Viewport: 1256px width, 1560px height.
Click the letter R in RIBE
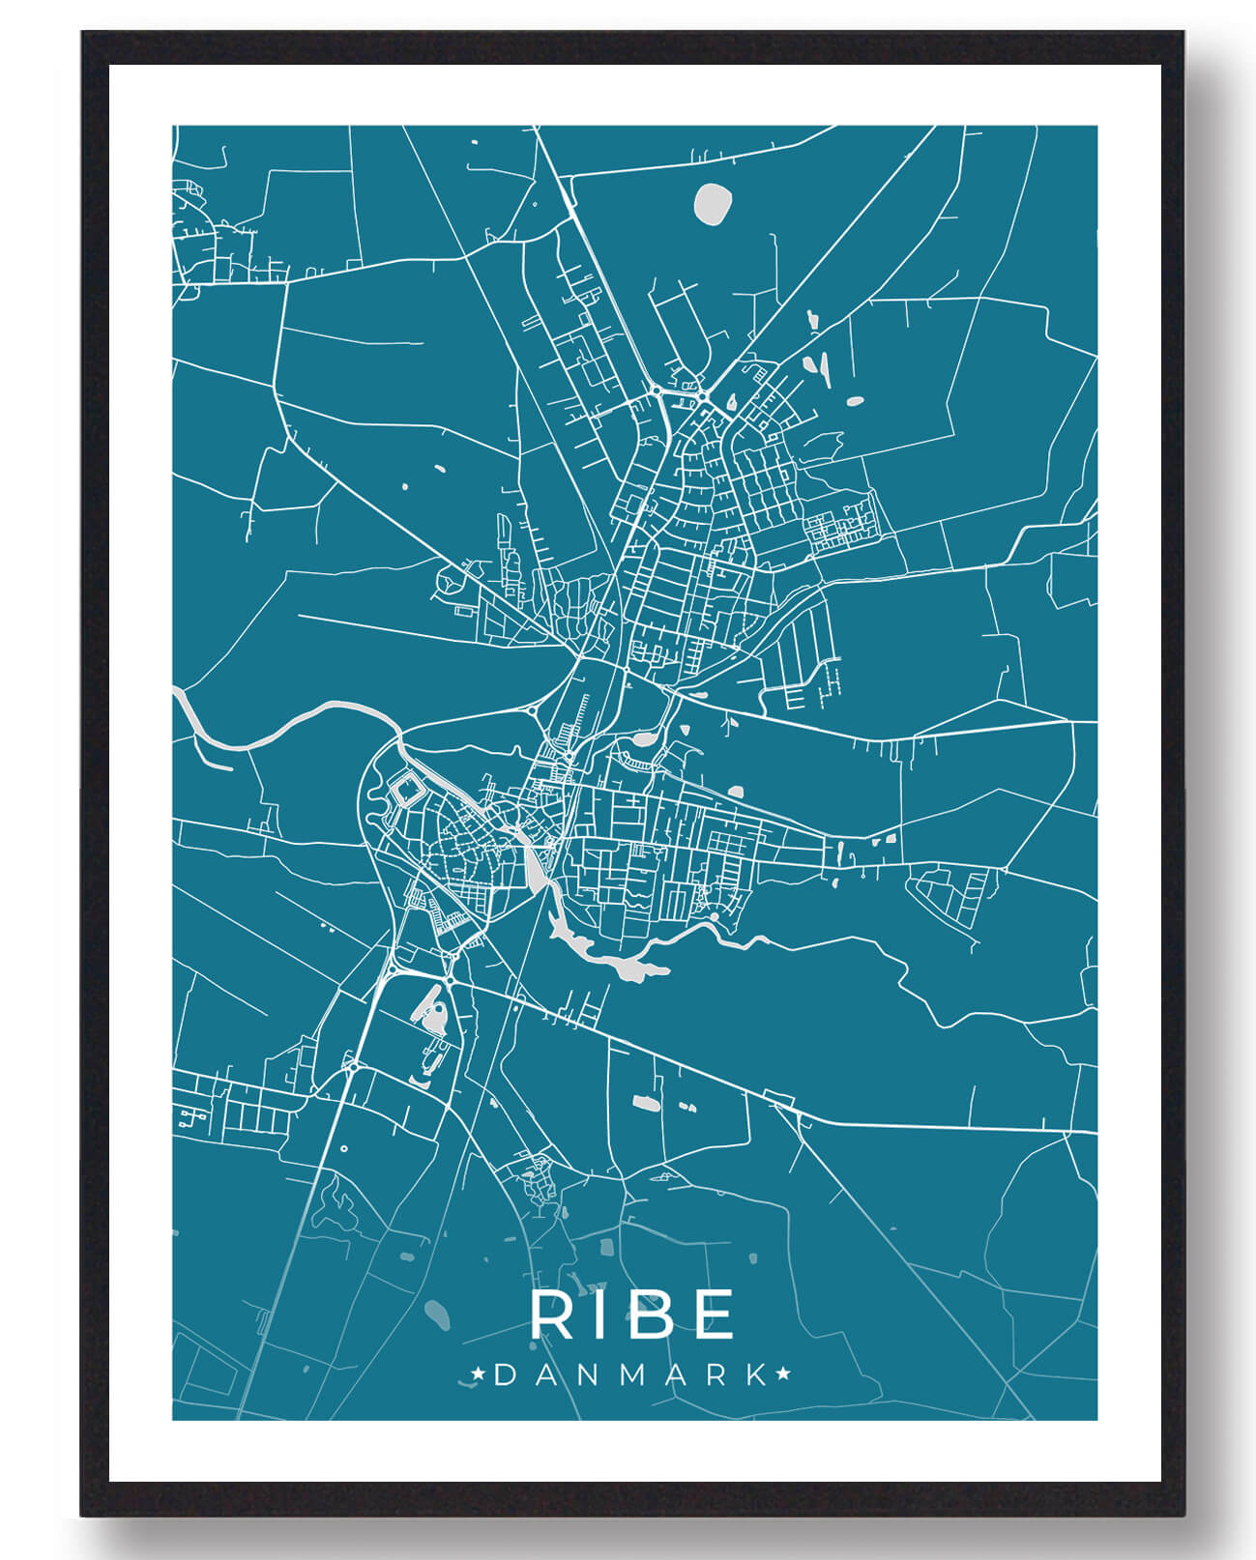click(552, 1314)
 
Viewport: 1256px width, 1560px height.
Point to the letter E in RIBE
click(711, 1314)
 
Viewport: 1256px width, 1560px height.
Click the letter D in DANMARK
click(504, 1374)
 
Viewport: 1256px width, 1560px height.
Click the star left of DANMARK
click(478, 1373)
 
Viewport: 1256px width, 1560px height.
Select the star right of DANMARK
click(782, 1373)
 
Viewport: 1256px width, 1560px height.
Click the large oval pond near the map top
click(713, 203)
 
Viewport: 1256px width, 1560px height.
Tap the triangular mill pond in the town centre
click(535, 871)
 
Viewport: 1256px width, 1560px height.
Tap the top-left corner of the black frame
click(83, 33)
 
